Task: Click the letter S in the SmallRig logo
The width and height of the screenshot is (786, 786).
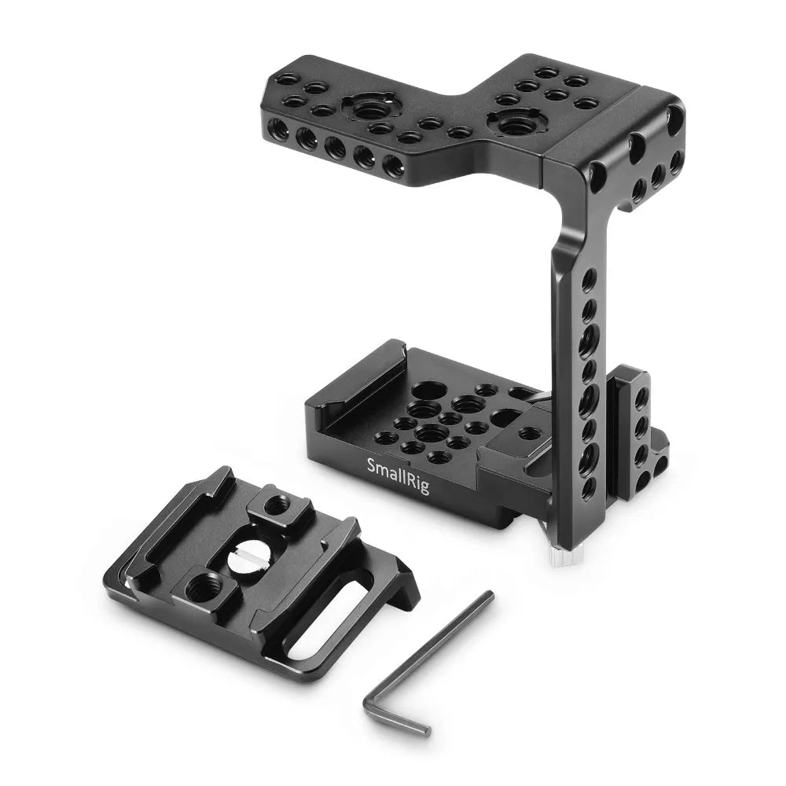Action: click(x=372, y=464)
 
